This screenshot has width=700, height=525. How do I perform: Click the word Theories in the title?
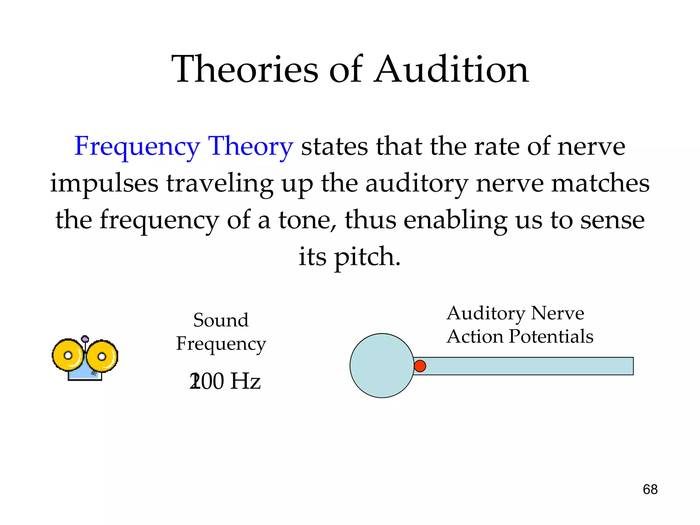245,70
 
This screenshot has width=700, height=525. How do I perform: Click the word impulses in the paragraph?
104,184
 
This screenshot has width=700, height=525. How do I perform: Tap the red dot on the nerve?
420,366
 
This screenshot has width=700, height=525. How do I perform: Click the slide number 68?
650,489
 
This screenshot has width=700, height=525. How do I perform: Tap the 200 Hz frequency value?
225,381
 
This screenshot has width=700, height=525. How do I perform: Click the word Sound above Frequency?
221,320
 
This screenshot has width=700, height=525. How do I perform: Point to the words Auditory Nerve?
515,313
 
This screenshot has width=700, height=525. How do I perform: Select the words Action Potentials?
520,336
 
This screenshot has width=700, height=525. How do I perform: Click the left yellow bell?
67,355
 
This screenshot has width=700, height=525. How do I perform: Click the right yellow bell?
102,356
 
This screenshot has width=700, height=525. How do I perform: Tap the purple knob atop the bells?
85,339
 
